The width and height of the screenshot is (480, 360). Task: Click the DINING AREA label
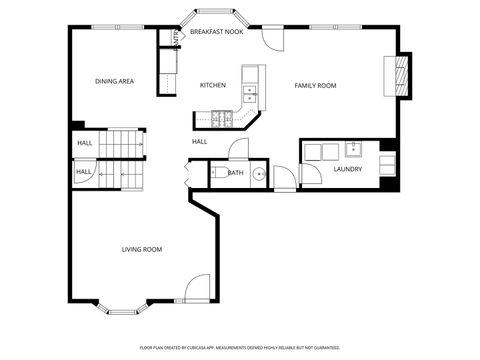point(114,81)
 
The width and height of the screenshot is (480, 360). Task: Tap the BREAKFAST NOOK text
point(216,32)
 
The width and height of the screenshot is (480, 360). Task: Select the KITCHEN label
point(212,85)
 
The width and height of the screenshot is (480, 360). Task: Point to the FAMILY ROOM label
point(315,85)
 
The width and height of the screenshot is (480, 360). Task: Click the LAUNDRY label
point(347,169)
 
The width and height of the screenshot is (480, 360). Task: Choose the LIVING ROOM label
point(142,249)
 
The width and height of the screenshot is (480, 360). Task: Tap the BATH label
point(235,173)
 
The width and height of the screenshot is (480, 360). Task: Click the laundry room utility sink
point(354,151)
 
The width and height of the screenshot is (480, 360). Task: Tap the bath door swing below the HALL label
point(237,151)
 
